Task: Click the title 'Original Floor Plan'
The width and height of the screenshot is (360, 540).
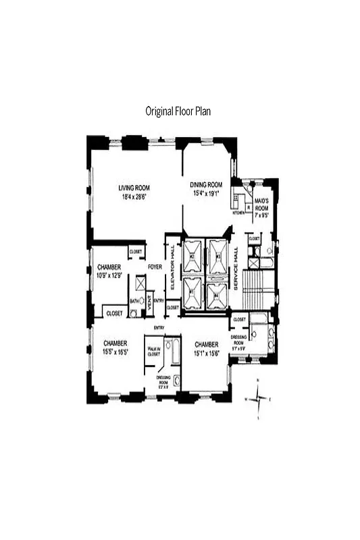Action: point(178,111)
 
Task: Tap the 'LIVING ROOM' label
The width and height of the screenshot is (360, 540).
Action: point(134,188)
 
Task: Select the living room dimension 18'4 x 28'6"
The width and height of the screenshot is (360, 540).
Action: point(134,196)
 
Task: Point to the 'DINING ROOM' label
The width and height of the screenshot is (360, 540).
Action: point(205,184)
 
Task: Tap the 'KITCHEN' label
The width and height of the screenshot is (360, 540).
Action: point(238,213)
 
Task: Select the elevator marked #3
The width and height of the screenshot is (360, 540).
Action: point(218,256)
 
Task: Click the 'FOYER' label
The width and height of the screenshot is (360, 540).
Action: point(155,267)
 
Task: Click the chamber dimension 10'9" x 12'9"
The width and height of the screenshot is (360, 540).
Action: point(108,275)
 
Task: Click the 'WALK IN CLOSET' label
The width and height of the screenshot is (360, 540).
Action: point(154,351)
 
